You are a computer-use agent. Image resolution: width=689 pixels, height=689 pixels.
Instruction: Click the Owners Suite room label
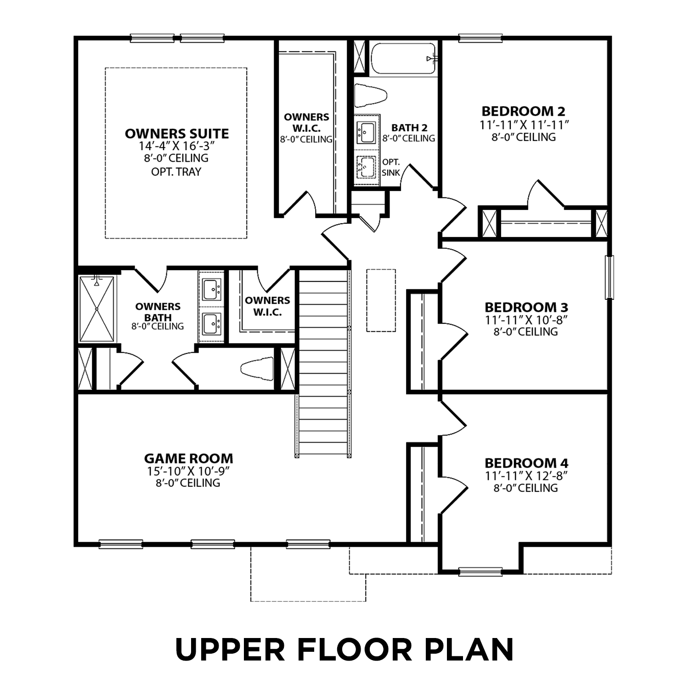click(177, 134)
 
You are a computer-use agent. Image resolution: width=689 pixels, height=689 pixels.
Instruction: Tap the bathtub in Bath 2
click(403, 58)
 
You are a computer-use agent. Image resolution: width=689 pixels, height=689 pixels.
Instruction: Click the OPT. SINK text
click(391, 168)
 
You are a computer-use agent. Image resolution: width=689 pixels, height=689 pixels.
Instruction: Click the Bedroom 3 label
click(526, 307)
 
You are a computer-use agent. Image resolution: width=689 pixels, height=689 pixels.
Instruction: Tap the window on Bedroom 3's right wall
click(609, 277)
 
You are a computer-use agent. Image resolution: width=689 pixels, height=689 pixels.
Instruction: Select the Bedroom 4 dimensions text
click(526, 476)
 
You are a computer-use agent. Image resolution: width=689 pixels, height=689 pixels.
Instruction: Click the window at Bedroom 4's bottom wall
click(480, 571)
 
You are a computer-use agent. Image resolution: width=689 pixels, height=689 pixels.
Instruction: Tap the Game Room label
click(188, 458)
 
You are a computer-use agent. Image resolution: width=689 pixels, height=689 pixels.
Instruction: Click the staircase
click(323, 363)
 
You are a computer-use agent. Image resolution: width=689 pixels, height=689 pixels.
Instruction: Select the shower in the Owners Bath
click(97, 309)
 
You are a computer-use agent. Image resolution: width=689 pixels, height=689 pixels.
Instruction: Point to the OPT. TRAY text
click(176, 172)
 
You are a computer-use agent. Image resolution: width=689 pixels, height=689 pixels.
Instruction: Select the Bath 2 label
click(409, 128)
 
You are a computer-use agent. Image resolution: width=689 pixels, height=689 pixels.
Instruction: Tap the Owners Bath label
click(158, 312)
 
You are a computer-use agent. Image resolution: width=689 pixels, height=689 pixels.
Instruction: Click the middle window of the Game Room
click(213, 544)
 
